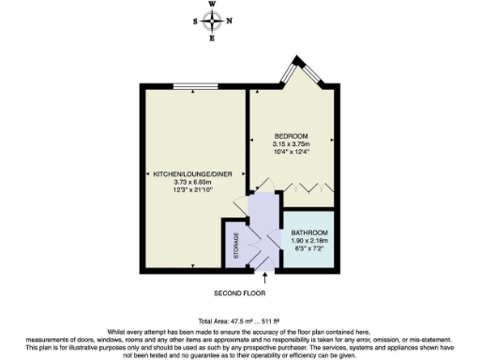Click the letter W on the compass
pyautogui.click(x=212, y=6)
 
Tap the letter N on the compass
pyautogui.click(x=230, y=21)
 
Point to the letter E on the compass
pyautogui.click(x=212, y=37)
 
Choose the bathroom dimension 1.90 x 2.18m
pyautogui.click(x=309, y=241)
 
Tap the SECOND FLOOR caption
pyautogui.click(x=265, y=292)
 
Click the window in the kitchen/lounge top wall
pyautogui.click(x=196, y=88)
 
